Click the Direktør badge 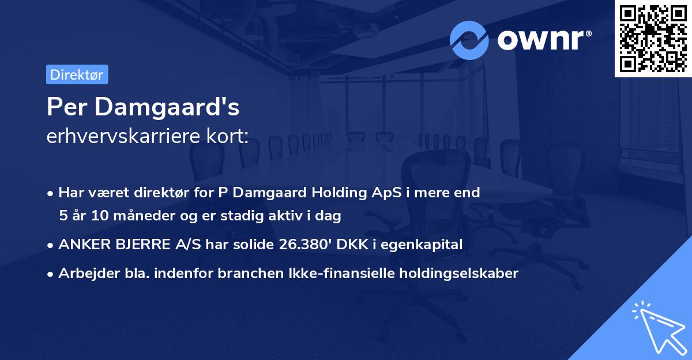pos(77,74)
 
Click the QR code pos(653,39)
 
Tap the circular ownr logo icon pos(469,40)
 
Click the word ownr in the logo pos(543,40)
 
